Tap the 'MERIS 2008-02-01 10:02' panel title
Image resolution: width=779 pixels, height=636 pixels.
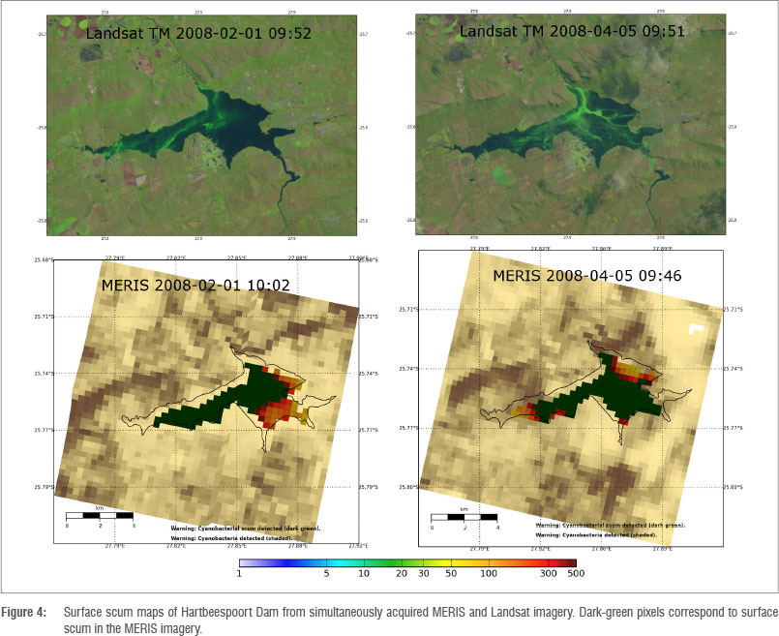click(x=183, y=287)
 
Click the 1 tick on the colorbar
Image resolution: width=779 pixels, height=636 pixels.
click(x=240, y=574)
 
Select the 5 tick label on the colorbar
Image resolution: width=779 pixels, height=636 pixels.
click(x=327, y=574)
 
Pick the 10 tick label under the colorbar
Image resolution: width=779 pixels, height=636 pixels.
click(x=364, y=574)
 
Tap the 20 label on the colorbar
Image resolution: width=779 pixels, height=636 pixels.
click(x=401, y=574)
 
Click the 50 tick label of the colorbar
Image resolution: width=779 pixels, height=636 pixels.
click(x=450, y=574)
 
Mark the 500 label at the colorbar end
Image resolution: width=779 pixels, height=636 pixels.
click(x=574, y=574)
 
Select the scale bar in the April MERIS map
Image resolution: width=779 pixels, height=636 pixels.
click(x=464, y=517)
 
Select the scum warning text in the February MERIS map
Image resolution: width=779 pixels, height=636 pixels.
click(x=246, y=529)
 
